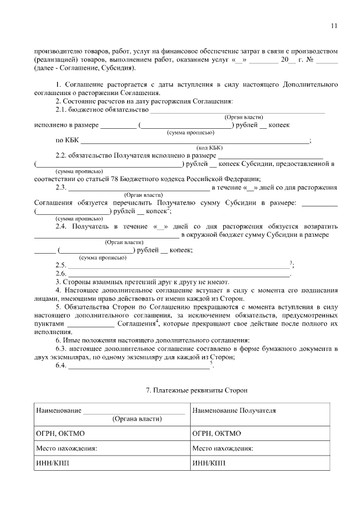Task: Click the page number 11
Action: click(x=334, y=25)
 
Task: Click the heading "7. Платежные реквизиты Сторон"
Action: click(x=196, y=389)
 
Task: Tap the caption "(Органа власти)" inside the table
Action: click(x=137, y=419)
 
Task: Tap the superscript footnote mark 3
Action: click(x=290, y=263)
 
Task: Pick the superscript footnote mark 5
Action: click(x=211, y=363)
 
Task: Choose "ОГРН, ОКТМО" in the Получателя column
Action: click(x=217, y=434)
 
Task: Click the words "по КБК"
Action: click(x=67, y=141)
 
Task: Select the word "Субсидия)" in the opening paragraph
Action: click(x=118, y=68)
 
